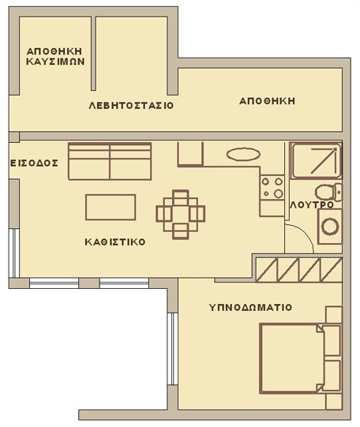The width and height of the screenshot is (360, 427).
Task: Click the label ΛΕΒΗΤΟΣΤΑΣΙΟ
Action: [x=131, y=106]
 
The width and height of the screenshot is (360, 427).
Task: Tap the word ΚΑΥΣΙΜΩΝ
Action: [x=55, y=62]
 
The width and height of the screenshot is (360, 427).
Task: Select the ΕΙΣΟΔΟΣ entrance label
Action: [x=34, y=163]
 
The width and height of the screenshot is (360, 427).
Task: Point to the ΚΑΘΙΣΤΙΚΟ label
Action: [x=115, y=242]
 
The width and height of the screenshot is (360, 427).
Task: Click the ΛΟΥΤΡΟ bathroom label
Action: [x=312, y=204]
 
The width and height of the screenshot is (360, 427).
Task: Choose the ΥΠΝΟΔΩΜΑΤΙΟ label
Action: [x=250, y=308]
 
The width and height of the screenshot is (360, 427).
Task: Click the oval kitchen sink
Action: [x=243, y=155]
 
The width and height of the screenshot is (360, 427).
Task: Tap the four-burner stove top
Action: [x=272, y=188]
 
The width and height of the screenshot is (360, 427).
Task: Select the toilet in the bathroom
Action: [x=328, y=192]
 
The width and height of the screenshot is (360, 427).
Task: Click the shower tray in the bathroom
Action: [x=316, y=160]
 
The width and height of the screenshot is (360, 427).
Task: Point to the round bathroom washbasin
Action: [x=330, y=227]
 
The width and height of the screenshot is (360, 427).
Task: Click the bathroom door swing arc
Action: [x=306, y=232]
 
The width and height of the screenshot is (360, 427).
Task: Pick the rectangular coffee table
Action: [x=111, y=208]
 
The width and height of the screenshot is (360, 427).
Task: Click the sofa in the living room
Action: [x=110, y=161]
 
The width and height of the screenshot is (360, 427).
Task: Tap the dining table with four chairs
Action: [x=180, y=215]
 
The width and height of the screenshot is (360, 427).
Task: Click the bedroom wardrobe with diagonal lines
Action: [x=298, y=270]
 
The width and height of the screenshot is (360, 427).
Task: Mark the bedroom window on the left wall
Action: [x=172, y=349]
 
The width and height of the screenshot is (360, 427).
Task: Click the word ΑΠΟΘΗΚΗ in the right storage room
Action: [x=267, y=101]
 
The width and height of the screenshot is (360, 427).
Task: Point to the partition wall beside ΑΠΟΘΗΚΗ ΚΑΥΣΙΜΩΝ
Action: [x=93, y=54]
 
